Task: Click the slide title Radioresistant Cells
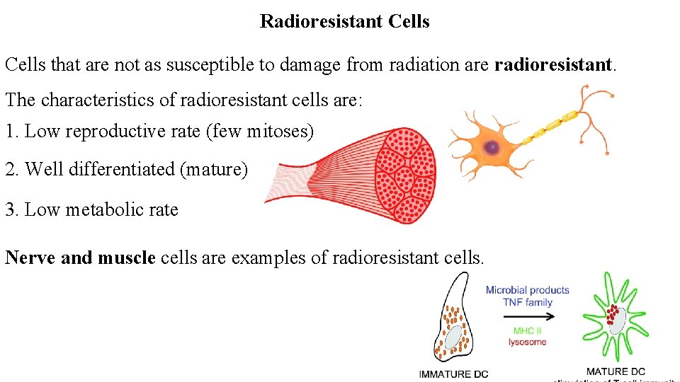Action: tap(344, 21)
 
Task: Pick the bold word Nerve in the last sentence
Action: tap(30, 257)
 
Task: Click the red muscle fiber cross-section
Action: tap(406, 173)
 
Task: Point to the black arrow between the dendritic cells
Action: tap(527, 316)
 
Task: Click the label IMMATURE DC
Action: tap(453, 374)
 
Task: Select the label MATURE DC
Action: tap(615, 371)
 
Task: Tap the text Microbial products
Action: tap(527, 290)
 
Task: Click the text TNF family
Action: tap(527, 302)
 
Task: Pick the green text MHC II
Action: tap(527, 330)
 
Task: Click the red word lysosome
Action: tap(527, 342)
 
